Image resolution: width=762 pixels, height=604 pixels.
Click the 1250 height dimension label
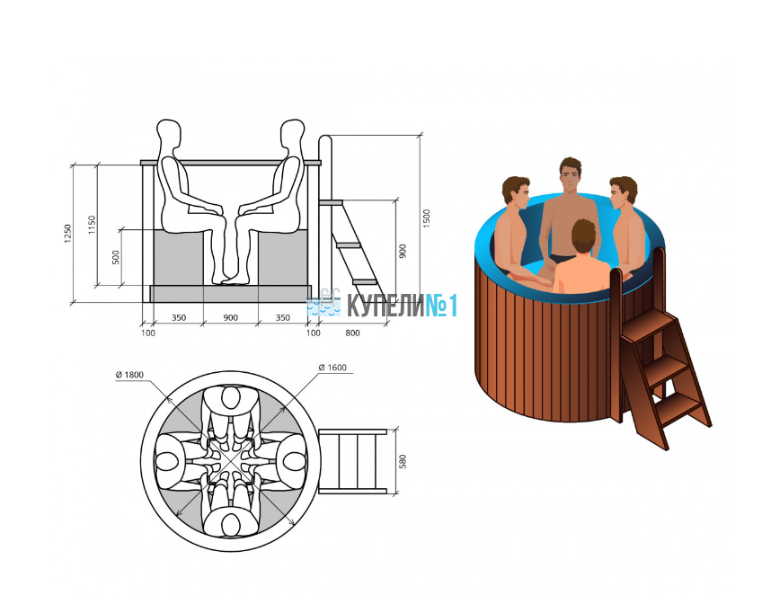coord(68,234)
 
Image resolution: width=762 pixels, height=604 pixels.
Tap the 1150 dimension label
coord(92,225)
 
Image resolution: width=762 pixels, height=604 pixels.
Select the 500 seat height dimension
coord(116,257)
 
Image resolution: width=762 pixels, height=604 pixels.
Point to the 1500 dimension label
coord(426,218)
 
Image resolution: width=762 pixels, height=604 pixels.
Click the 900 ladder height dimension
coord(403,252)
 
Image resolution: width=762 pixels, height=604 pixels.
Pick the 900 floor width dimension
coord(230,318)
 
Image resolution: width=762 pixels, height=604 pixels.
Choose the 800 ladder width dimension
coord(352,333)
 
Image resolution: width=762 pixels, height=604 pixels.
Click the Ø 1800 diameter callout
coord(129,375)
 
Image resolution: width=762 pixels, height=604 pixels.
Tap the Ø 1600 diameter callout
coord(332,368)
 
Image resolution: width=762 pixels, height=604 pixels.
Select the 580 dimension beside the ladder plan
coord(403,462)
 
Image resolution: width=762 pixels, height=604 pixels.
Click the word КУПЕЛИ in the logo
coord(385,306)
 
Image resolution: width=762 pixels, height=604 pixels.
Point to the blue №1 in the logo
coord(442,306)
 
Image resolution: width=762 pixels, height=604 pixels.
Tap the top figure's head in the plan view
coord(231,398)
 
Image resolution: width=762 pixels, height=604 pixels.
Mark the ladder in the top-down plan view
coord(352,461)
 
